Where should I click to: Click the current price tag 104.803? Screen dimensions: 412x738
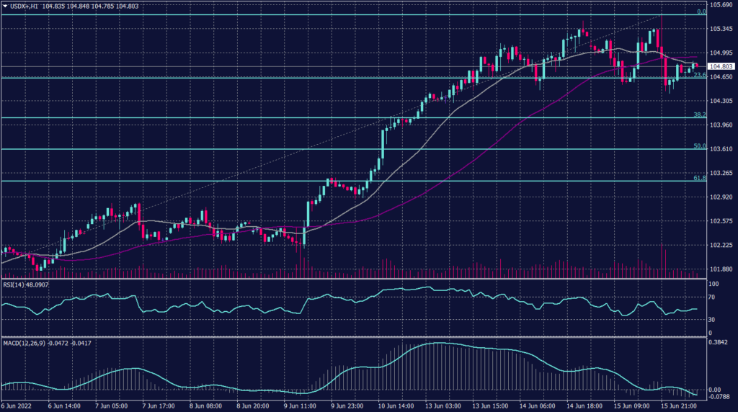pos(722,66)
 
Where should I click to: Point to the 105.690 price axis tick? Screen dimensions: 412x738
pos(722,5)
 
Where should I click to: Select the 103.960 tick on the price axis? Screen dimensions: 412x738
pos(722,125)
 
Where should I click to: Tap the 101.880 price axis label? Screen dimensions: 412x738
pos(722,270)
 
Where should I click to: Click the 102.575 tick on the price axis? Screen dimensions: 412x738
pos(722,221)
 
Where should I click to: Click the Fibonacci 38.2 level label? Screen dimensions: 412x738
pos(698,115)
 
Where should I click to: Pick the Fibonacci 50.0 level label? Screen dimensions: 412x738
pos(698,146)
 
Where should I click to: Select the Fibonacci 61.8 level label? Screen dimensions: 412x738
pos(698,177)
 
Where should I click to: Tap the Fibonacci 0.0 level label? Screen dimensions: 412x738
pos(701,12)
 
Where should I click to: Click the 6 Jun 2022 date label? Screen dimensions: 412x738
pos(18,406)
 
